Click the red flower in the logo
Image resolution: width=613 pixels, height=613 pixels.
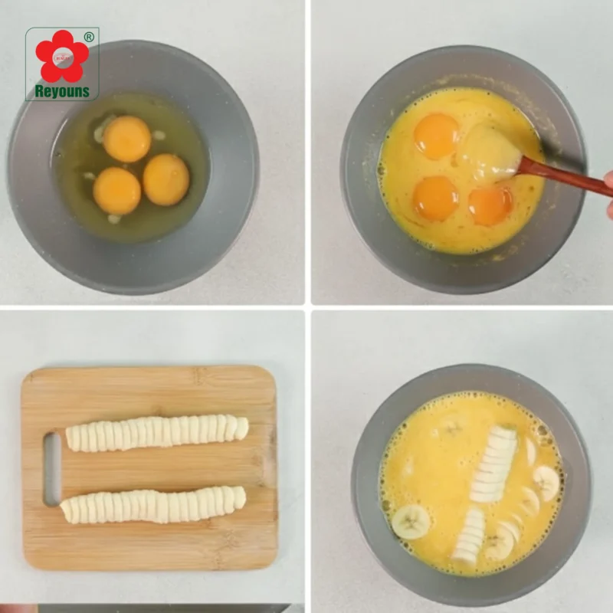62,56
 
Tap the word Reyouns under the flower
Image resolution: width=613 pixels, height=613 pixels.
62,91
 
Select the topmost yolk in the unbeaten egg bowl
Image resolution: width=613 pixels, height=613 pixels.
127,139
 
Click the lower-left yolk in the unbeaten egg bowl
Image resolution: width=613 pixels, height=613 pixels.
116,191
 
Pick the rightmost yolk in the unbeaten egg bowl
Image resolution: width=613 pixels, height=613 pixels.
166,179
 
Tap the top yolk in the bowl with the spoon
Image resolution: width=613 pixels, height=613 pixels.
436,136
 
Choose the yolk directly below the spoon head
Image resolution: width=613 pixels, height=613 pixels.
490,205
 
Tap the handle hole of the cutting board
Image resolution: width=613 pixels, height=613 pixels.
52,469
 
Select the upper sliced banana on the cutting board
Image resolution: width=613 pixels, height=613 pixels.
156,433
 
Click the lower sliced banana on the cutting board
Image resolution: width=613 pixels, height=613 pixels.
153,505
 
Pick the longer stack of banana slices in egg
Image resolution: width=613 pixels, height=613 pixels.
493,464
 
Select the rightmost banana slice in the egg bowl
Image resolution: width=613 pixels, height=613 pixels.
547,483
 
